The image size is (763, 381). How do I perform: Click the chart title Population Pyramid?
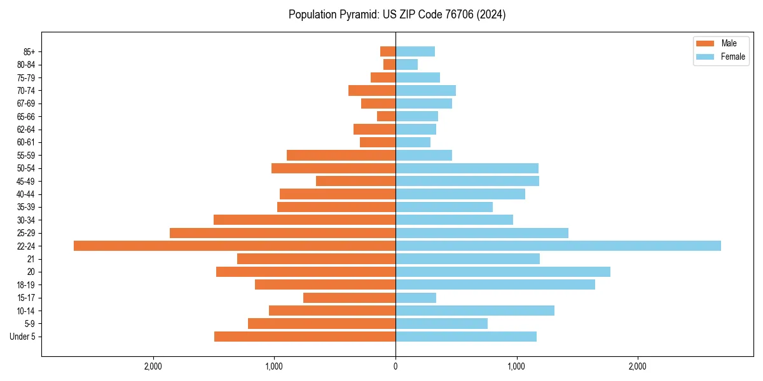coord(397,15)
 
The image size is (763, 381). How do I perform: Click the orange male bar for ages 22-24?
coord(235,246)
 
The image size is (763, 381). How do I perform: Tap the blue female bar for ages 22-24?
coord(558,246)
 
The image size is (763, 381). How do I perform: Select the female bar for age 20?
coord(503,272)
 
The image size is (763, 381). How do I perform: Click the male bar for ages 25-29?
coord(283,233)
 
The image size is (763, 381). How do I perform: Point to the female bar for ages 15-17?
coord(416,298)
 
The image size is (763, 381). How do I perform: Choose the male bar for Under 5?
coord(305,337)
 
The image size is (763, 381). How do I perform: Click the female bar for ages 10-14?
coord(475,311)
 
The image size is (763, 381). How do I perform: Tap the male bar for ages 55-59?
coord(341,155)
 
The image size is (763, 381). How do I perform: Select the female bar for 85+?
coord(415,51)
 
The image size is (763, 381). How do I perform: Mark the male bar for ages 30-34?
coord(305,220)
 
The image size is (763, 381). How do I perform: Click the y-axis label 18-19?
coord(26,285)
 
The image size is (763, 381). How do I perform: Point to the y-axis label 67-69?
coord(26,104)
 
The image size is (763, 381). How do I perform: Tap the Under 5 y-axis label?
coord(23,337)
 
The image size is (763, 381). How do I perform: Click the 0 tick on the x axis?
coord(395,366)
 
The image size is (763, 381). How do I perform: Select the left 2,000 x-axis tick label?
coord(153,366)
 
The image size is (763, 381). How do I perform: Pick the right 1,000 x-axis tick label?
coord(516,366)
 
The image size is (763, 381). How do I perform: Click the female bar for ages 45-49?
coord(467,181)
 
